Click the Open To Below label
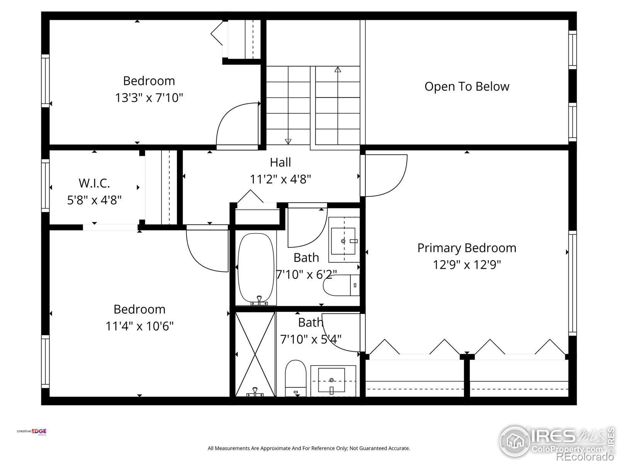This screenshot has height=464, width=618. click(x=467, y=87)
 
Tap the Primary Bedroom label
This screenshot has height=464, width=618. click(x=467, y=248)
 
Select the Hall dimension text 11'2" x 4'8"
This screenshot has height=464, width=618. click(x=280, y=179)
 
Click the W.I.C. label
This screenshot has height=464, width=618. click(x=94, y=183)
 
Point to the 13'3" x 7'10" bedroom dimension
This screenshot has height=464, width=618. click(x=149, y=98)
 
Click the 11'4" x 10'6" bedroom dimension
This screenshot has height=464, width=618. click(x=139, y=326)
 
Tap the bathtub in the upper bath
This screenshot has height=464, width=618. click(x=256, y=269)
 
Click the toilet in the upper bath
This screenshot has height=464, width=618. click(x=341, y=285)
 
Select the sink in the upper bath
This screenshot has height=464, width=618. click(x=344, y=240)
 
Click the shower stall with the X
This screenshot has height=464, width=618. click(x=255, y=354)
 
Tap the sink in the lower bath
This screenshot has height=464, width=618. click(x=333, y=381)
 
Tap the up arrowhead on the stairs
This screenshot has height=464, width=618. click(x=338, y=69)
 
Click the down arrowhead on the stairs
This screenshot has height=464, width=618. click(x=288, y=142)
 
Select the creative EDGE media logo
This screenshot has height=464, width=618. click(x=32, y=432)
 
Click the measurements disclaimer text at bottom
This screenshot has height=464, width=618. click(x=309, y=448)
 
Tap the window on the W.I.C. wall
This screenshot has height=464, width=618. click(x=45, y=185)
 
